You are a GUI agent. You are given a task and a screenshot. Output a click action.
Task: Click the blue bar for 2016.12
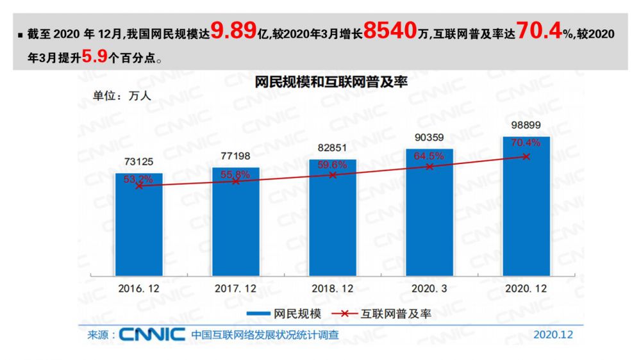pyautogui.click(x=139, y=231)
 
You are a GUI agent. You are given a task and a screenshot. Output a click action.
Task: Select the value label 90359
pyautogui.click(x=429, y=137)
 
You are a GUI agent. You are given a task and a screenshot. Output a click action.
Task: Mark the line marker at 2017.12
pyautogui.click(x=236, y=181)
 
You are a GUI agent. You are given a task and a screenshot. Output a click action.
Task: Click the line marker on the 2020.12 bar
pyautogui.click(x=526, y=156)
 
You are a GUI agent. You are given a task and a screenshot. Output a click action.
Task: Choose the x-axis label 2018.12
pyautogui.click(x=333, y=289)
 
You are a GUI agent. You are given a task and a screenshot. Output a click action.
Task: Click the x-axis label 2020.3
pyautogui.click(x=429, y=289)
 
